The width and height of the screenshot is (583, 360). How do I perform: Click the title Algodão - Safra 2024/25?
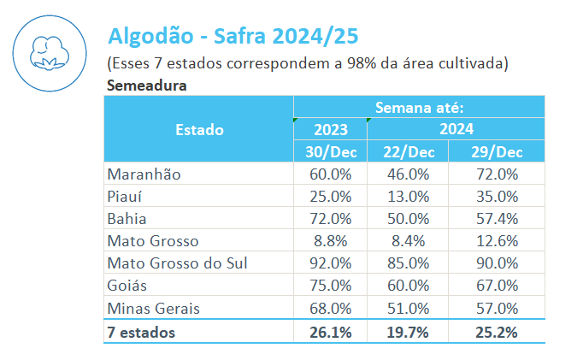coord(232,36)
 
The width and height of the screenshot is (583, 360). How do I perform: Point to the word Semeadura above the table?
coord(146,86)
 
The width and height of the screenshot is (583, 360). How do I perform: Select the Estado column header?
coord(199,130)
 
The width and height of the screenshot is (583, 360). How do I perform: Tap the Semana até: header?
coord(419,108)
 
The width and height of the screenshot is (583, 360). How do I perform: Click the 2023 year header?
coord(331,130)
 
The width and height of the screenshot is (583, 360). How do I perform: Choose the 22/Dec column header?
coord(407,152)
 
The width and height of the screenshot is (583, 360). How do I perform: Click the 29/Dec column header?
coord(497,152)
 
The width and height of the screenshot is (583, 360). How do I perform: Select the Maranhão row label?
coord(144,174)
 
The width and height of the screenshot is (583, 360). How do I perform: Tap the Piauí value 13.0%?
coord(408,196)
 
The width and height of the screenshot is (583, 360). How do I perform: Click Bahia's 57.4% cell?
coord(497,218)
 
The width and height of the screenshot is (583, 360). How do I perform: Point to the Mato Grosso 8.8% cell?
coord(331,240)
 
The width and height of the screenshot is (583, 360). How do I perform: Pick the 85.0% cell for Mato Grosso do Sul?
coord(408,263)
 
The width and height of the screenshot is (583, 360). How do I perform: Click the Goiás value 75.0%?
coord(331,285)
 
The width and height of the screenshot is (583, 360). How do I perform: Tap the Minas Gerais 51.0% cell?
coord(408,308)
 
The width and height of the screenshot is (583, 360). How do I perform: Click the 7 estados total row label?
coord(141,332)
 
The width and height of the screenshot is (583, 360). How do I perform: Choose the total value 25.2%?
coord(497,332)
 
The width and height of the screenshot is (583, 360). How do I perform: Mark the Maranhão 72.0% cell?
coord(497,174)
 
